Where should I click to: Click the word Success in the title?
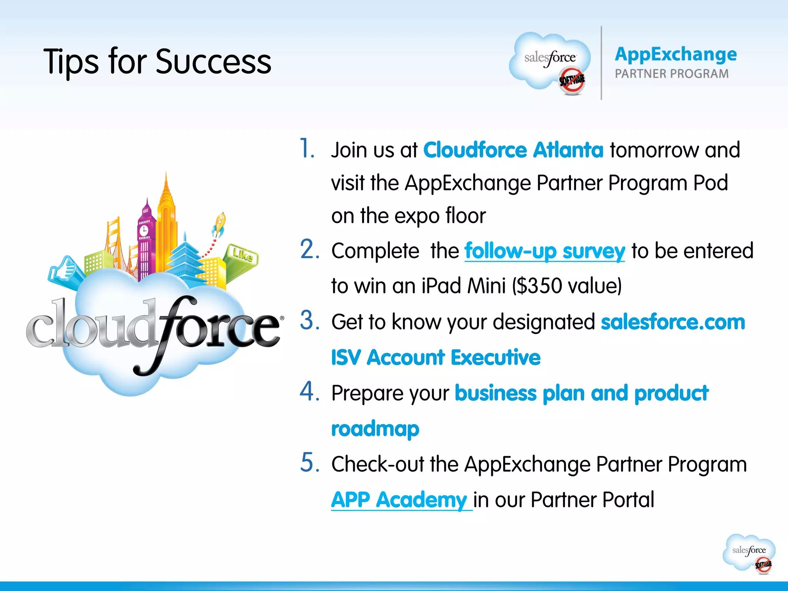tap(214, 62)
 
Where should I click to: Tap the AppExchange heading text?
tap(676, 54)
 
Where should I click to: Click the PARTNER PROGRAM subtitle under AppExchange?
tap(671, 73)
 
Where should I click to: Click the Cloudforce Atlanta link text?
tap(513, 150)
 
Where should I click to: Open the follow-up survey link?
tap(544, 251)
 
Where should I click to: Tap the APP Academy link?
tap(399, 499)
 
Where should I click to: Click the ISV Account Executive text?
tap(436, 357)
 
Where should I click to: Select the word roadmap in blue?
tap(375, 429)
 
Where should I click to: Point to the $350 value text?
tap(567, 286)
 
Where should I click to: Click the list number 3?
tap(309, 320)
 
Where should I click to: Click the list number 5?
tap(309, 462)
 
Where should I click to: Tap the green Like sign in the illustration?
tap(242, 255)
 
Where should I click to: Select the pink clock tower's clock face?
tap(144, 230)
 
